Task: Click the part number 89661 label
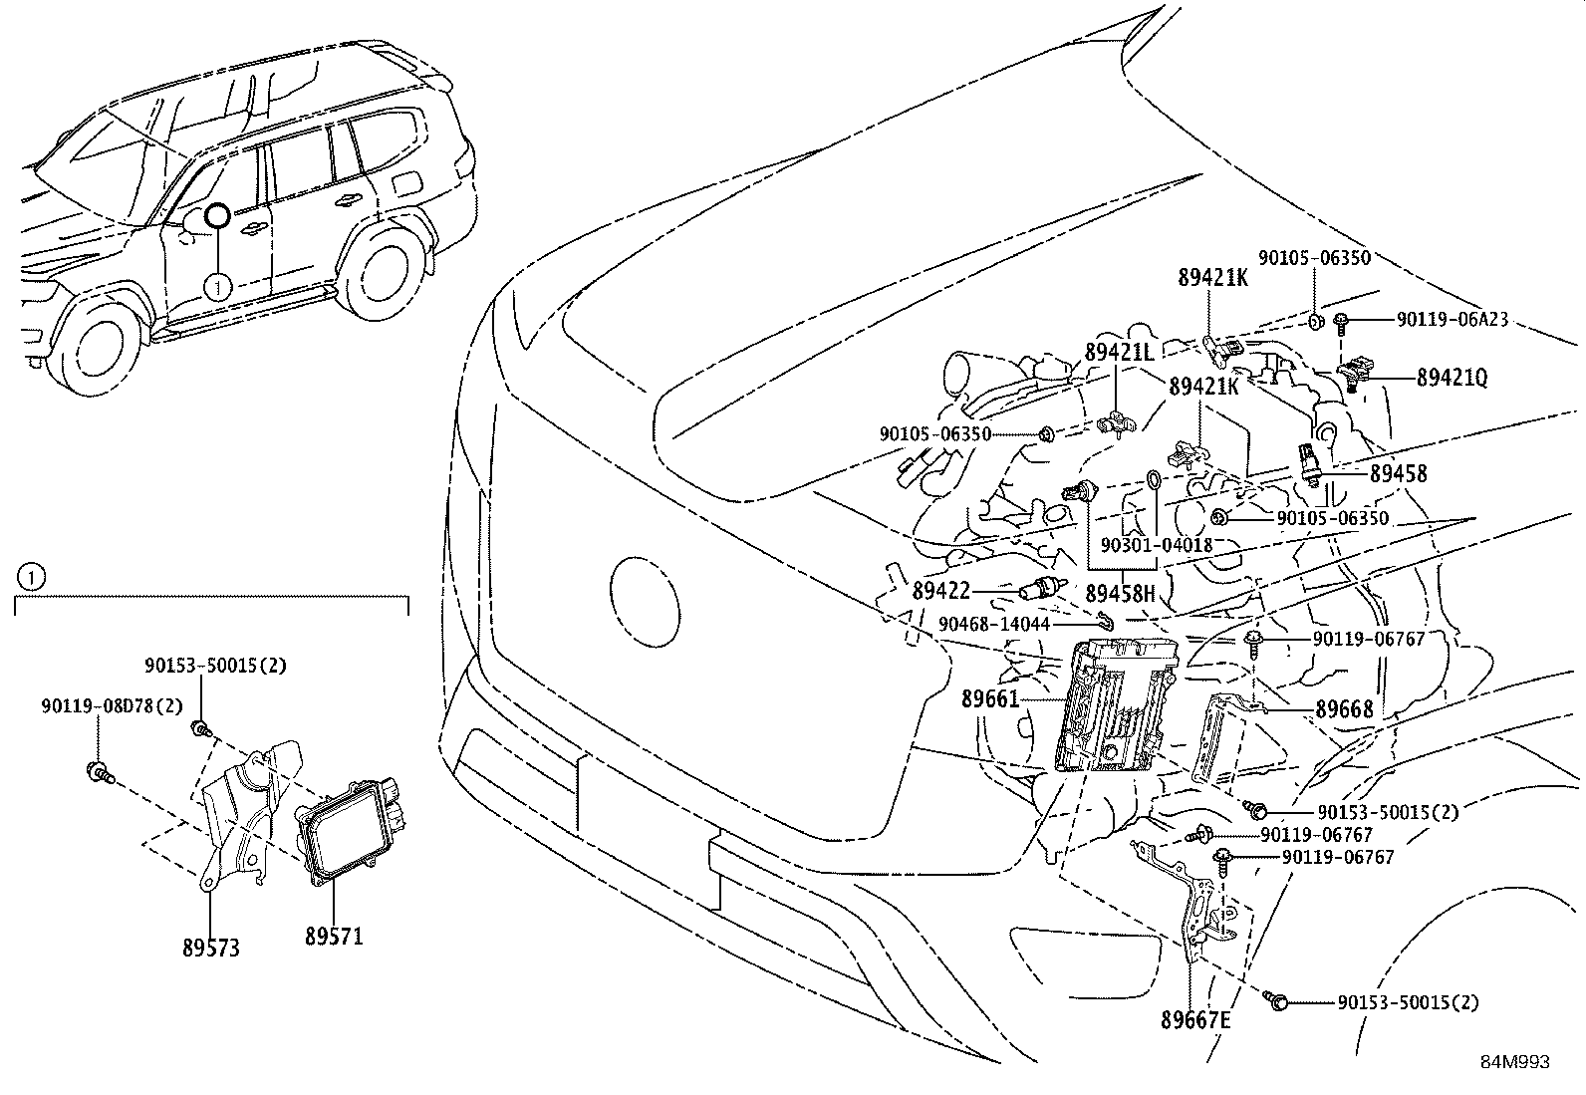click(990, 699)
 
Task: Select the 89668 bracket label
click(1344, 709)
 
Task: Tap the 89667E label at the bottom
click(1195, 1020)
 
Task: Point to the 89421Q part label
click(1452, 378)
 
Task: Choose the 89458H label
click(1119, 594)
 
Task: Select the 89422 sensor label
click(940, 591)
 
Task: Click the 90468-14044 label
click(994, 624)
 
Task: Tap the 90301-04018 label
click(1156, 545)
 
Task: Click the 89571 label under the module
click(334, 937)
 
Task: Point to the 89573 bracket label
click(211, 949)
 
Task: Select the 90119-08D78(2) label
click(112, 705)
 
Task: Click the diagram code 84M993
click(1514, 1062)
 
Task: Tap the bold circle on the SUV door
click(216, 215)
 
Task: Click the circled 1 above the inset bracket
click(31, 576)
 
